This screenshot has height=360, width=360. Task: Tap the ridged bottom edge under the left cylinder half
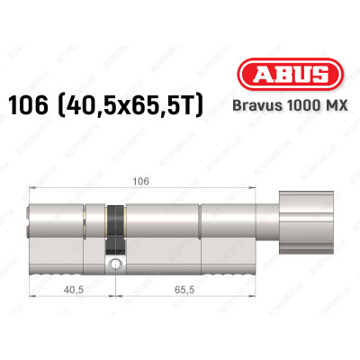[x=67, y=270]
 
